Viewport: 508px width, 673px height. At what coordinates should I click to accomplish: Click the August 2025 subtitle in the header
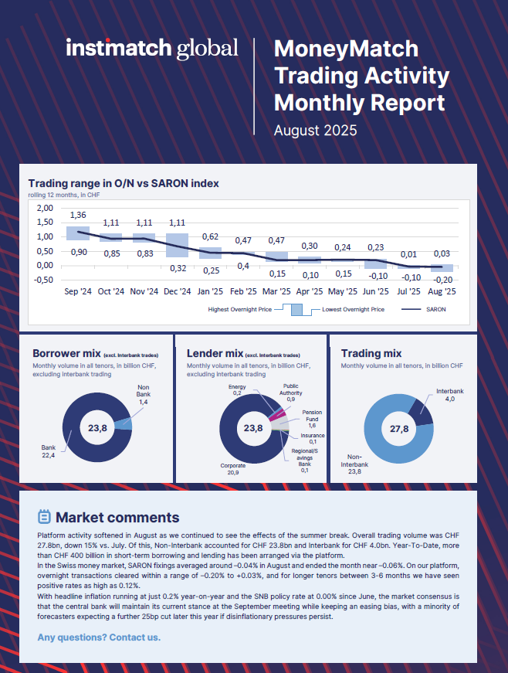[x=315, y=131]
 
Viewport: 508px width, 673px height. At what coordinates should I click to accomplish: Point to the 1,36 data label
[x=78, y=214]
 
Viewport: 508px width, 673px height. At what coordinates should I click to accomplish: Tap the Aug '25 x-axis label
[x=442, y=291]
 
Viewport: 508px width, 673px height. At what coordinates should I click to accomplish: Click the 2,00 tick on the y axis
[x=44, y=208]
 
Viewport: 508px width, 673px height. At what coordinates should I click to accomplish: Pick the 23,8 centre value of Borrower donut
[x=97, y=427]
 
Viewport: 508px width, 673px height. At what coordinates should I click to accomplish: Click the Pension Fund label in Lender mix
[x=312, y=420]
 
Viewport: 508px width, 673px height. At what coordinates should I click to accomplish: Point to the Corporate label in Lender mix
[x=234, y=467]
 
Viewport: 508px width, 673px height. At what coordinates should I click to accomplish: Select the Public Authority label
[x=290, y=391]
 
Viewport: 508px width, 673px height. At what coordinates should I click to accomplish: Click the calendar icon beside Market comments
[x=44, y=517]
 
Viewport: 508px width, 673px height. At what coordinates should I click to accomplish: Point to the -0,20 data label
[x=442, y=279]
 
